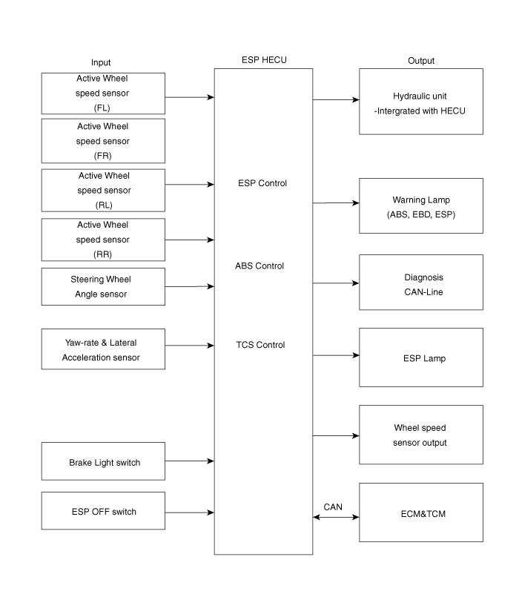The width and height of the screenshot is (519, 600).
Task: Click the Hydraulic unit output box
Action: click(420, 102)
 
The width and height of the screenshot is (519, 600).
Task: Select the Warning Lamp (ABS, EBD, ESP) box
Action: click(420, 207)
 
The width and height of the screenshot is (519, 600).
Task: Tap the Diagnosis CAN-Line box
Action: click(420, 283)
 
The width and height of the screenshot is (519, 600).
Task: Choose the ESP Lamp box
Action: click(420, 357)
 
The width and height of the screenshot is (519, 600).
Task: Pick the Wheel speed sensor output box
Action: click(420, 435)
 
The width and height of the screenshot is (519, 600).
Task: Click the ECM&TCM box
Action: click(420, 512)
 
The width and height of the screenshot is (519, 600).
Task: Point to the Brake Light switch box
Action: click(103, 462)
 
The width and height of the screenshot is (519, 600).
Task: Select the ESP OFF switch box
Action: click(103, 511)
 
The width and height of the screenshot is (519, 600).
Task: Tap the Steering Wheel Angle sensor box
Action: click(103, 287)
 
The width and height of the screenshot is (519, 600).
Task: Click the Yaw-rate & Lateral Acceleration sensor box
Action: click(103, 349)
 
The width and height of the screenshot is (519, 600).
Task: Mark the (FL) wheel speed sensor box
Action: click(103, 93)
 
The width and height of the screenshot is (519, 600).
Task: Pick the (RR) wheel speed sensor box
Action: click(103, 240)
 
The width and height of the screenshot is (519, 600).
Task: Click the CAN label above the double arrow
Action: click(333, 507)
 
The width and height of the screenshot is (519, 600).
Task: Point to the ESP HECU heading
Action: click(264, 60)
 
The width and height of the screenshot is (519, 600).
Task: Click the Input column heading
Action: click(101, 62)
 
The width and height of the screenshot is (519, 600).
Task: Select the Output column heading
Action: click(421, 61)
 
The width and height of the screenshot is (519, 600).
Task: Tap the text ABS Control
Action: click(259, 266)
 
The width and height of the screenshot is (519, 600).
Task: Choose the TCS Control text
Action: click(259, 345)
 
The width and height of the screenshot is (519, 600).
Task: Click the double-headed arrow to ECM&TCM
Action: click(336, 517)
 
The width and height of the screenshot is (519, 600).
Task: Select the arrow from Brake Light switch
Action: click(190, 461)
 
